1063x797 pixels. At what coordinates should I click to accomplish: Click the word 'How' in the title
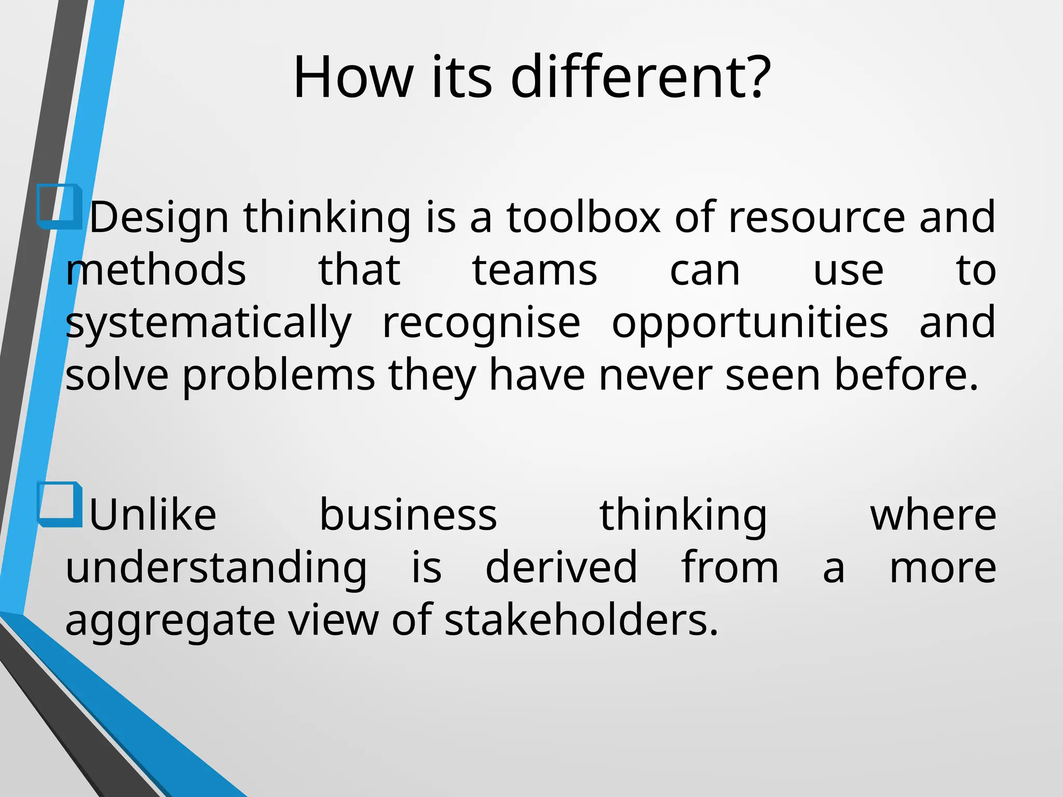(x=353, y=78)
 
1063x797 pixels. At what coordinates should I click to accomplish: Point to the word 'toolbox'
(x=583, y=217)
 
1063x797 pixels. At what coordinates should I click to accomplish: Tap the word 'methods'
(x=156, y=270)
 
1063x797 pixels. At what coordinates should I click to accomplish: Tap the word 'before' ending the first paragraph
(x=906, y=375)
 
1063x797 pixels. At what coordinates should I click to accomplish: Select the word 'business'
(x=408, y=515)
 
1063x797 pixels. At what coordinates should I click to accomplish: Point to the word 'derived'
(x=561, y=567)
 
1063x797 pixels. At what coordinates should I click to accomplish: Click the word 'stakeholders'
(x=581, y=620)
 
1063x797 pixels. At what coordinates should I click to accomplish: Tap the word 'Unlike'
(x=153, y=515)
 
